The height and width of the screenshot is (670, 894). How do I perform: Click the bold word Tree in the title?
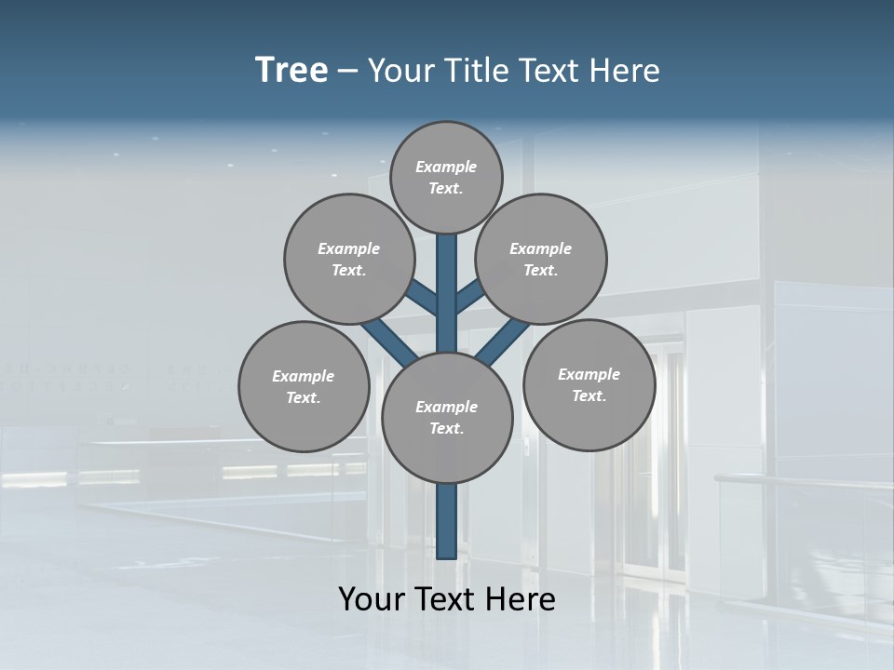291,71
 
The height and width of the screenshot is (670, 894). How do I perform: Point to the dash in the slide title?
347,72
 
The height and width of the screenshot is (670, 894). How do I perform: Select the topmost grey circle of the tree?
446,177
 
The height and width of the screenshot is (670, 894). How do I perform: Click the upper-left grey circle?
349,259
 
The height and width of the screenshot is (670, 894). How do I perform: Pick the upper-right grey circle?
541,259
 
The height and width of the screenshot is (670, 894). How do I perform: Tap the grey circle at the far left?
304,386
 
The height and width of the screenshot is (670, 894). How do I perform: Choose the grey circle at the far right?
589,384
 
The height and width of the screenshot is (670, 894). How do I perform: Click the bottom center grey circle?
447,418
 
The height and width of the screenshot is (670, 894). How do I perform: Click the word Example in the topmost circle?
446,167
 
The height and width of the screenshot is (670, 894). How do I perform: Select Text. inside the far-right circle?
589,396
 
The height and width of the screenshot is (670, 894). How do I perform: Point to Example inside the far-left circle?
304,376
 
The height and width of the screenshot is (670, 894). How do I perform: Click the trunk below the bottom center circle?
447,521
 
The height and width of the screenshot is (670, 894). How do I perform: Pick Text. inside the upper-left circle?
349,271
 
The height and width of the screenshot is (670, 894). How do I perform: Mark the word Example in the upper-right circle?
541,248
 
